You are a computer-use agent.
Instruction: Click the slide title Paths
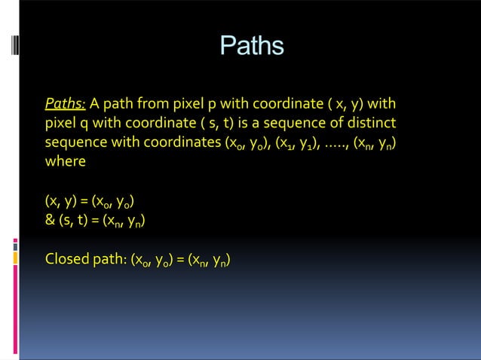[251, 46]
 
